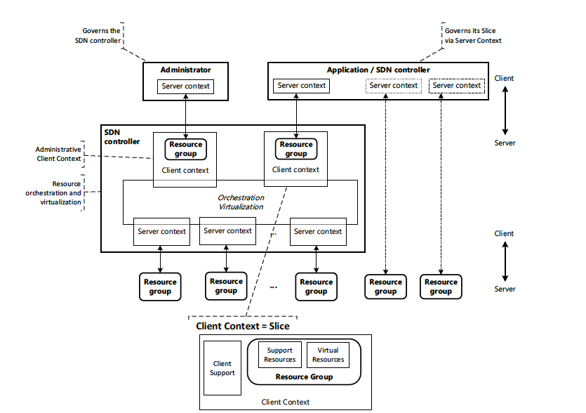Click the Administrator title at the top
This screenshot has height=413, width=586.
tap(185, 70)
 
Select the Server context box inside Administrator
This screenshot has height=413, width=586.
tap(185, 86)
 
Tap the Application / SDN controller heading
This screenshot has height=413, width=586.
tap(378, 70)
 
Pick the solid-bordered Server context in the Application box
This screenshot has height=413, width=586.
tap(302, 86)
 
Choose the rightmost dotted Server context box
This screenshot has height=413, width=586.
tap(457, 86)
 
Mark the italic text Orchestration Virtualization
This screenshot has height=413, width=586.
tap(240, 202)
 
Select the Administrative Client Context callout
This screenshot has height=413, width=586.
tap(59, 153)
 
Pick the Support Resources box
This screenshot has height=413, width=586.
tap(279, 355)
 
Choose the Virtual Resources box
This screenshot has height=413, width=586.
tap(328, 355)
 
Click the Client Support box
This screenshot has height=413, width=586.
tap(222, 368)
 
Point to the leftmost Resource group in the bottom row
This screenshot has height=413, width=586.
tap(160, 287)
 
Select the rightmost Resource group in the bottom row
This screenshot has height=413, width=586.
tap(441, 287)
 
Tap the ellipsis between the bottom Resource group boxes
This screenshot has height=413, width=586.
tap(273, 287)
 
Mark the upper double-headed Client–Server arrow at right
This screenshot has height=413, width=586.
tap(505, 110)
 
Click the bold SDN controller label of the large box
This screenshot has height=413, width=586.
tap(118, 136)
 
